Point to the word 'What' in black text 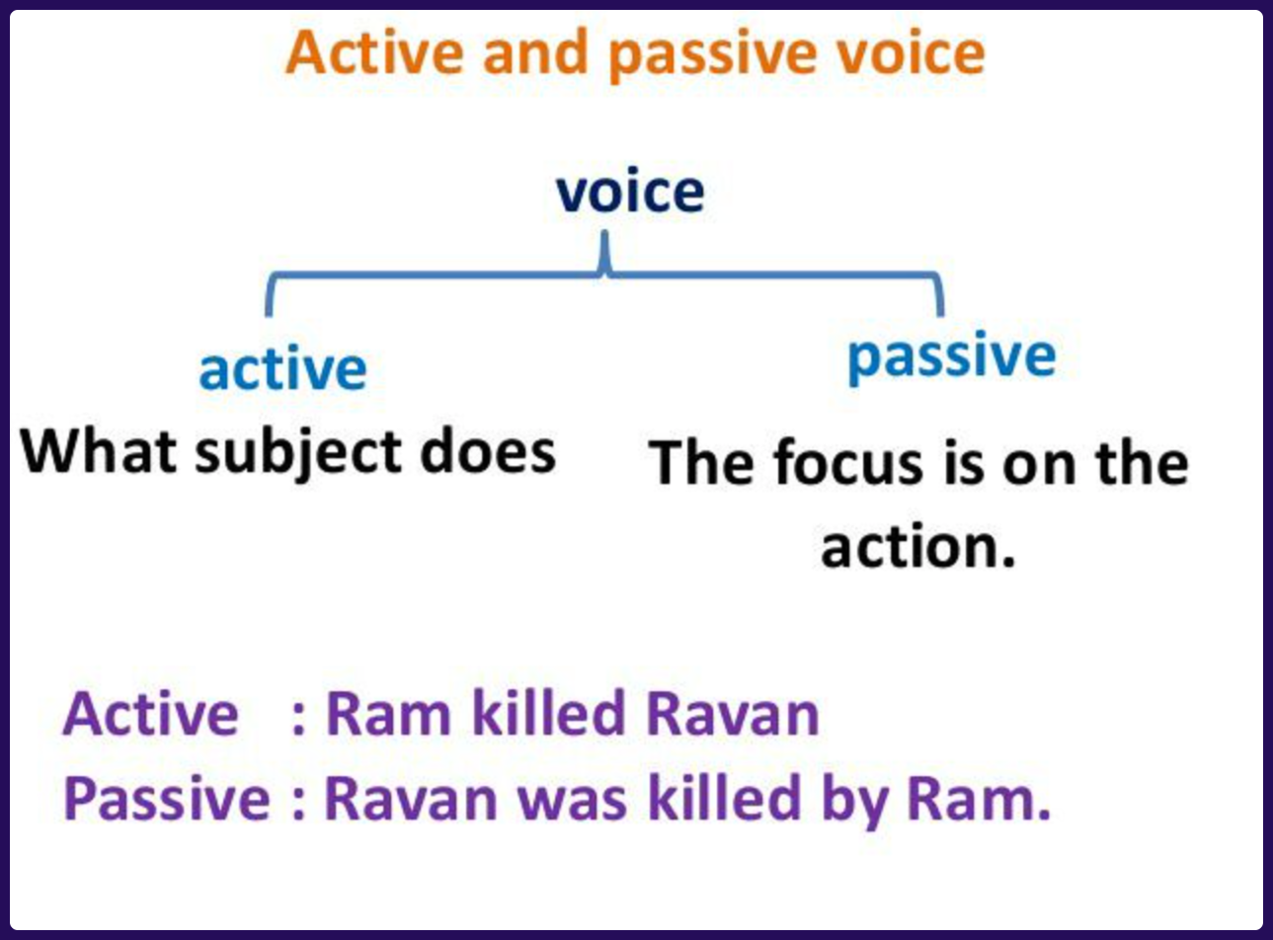click(x=98, y=451)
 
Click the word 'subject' click(x=298, y=454)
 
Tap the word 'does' click(x=488, y=451)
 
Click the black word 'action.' click(x=918, y=546)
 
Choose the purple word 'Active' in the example click(x=150, y=713)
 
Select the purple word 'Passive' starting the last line click(x=167, y=799)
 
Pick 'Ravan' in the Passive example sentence click(x=411, y=799)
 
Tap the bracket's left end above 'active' click(x=269, y=314)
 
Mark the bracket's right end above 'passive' click(x=940, y=314)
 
